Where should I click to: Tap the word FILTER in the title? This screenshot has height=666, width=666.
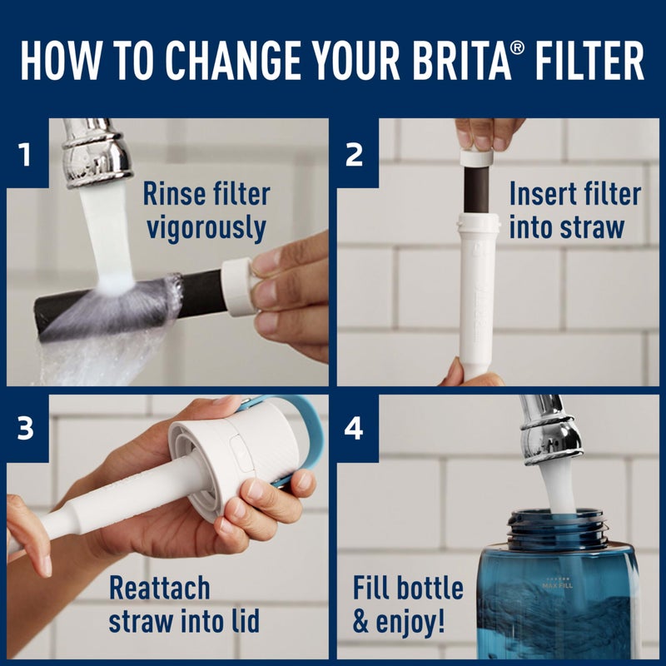pyautogui.click(x=586, y=59)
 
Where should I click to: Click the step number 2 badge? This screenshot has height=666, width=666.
pyautogui.click(x=355, y=154)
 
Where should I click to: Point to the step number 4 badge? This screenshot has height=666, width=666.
pyautogui.click(x=355, y=429)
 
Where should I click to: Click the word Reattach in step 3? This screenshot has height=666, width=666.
pyautogui.click(x=159, y=589)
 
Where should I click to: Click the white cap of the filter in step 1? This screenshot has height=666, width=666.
pyautogui.click(x=238, y=286)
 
